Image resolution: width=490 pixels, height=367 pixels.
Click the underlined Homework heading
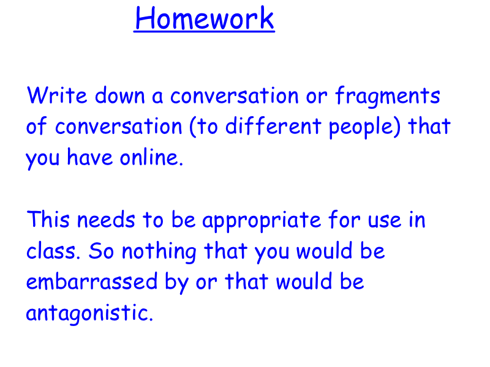tap(205, 18)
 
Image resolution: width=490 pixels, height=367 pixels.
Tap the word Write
tap(57, 95)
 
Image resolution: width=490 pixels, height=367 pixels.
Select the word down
tap(119, 95)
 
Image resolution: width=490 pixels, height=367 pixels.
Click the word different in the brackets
tap(273, 126)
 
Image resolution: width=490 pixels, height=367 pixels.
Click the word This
tap(48, 219)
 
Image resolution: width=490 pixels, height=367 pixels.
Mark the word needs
tap(106, 219)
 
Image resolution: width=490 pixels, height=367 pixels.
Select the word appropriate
tap(262, 221)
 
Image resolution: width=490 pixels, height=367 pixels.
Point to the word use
tap(385, 220)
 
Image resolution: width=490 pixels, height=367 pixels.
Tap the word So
tap(101, 251)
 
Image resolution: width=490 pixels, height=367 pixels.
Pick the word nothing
tap(159, 252)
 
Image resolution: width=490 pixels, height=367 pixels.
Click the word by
tap(176, 283)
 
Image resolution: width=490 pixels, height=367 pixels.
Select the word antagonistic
tap(89, 313)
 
